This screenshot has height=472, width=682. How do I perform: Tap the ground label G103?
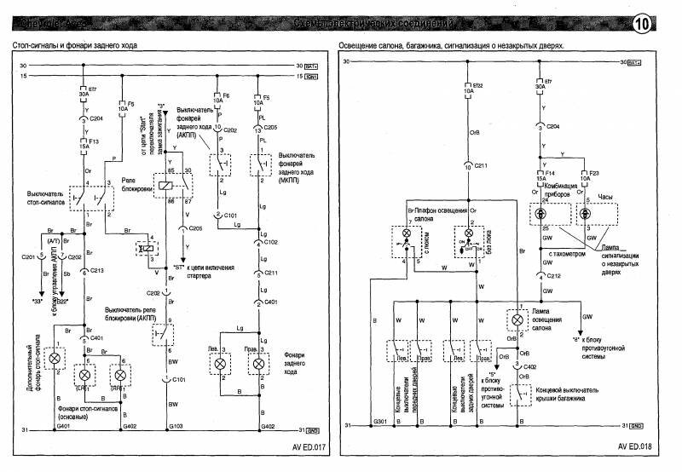click(x=174, y=425)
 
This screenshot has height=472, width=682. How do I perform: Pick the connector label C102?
click(x=272, y=244)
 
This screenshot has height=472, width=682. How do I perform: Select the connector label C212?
click(x=554, y=276)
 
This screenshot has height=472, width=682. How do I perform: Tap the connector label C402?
click(x=530, y=366)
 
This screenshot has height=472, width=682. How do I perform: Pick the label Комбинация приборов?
click(x=561, y=190)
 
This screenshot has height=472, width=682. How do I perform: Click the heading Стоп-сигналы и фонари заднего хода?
click(x=76, y=44)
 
